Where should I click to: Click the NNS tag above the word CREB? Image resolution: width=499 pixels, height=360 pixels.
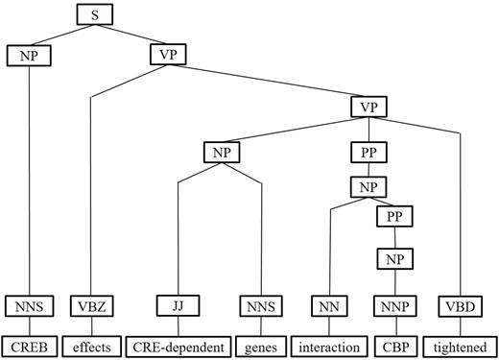[x=30, y=307]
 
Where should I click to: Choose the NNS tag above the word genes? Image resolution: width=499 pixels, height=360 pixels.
[x=261, y=307]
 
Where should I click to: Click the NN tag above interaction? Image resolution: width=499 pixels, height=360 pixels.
[x=328, y=307]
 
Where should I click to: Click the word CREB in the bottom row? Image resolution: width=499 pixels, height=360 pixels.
[x=30, y=346]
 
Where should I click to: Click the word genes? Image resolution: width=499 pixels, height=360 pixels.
[x=261, y=346]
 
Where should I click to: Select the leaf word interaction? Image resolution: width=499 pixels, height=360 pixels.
[x=328, y=346]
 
